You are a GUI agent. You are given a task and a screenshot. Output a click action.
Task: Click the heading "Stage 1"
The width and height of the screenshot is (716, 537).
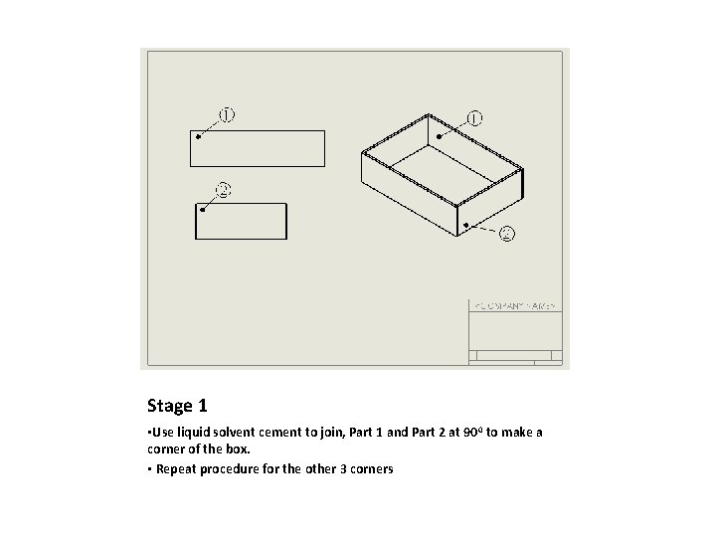click(177, 406)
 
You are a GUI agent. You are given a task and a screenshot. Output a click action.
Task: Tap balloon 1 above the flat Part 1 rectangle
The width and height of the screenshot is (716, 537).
click(228, 114)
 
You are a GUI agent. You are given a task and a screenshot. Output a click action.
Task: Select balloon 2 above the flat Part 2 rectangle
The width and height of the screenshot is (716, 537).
click(224, 189)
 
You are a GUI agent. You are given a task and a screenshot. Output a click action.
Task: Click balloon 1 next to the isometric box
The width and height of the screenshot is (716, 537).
click(474, 118)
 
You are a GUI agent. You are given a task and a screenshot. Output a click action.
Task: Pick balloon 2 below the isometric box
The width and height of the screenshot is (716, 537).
click(506, 235)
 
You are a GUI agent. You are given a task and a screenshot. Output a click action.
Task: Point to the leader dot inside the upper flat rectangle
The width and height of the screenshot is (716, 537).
click(199, 137)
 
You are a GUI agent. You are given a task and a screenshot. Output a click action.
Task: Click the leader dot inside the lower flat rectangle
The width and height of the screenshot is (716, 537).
click(203, 210)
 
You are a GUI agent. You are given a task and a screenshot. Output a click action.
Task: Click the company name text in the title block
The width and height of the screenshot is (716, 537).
click(514, 306)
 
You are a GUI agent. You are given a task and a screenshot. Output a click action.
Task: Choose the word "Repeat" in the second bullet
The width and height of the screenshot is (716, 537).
click(174, 468)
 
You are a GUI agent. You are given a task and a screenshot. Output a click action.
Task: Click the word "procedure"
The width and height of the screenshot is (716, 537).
click(227, 468)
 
